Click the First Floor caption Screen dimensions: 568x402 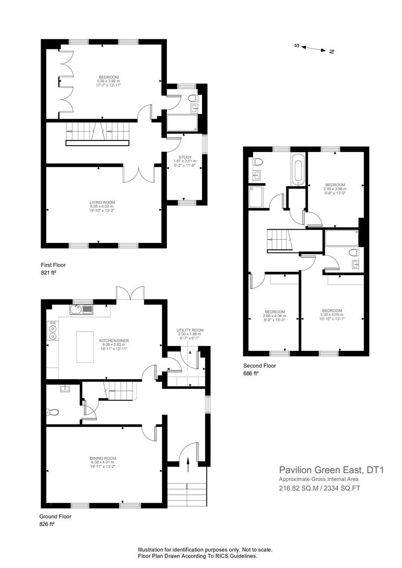[x=53, y=265]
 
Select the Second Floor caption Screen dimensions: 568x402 [x=259, y=366]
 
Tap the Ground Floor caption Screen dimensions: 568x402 [x=55, y=516]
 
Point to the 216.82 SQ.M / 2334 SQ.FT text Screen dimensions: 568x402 [x=319, y=489]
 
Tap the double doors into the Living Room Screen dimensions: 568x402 [x=139, y=174]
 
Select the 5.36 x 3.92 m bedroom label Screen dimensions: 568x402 [x=109, y=82]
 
